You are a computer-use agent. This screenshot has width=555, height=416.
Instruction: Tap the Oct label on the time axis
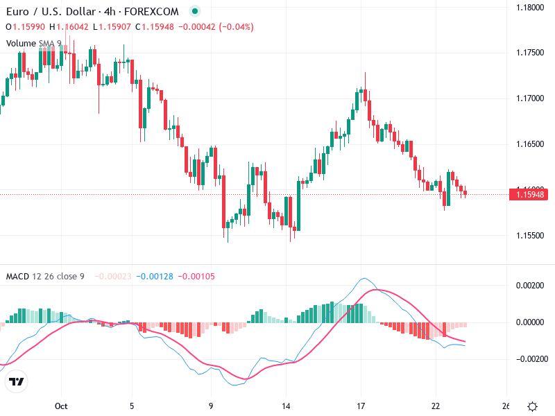pos(61,406)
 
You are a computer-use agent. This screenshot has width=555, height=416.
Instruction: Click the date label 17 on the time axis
pos(361,406)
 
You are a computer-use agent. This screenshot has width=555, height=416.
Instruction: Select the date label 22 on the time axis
pos(436,406)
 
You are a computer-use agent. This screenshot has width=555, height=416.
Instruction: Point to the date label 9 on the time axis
pos(211,406)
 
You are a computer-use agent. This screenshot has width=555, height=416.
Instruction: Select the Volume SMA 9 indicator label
pos(34,43)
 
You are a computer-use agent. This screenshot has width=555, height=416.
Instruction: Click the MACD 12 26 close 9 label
pos(45,277)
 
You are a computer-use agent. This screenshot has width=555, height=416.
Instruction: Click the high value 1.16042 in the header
pos(73,27)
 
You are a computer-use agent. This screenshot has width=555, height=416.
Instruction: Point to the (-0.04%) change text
pos(236,27)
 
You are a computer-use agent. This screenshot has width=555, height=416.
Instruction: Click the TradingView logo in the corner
pos(16,382)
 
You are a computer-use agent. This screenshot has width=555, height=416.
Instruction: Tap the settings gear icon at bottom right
pos(532,406)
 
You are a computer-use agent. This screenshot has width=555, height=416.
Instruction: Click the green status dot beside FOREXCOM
pos(195,12)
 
